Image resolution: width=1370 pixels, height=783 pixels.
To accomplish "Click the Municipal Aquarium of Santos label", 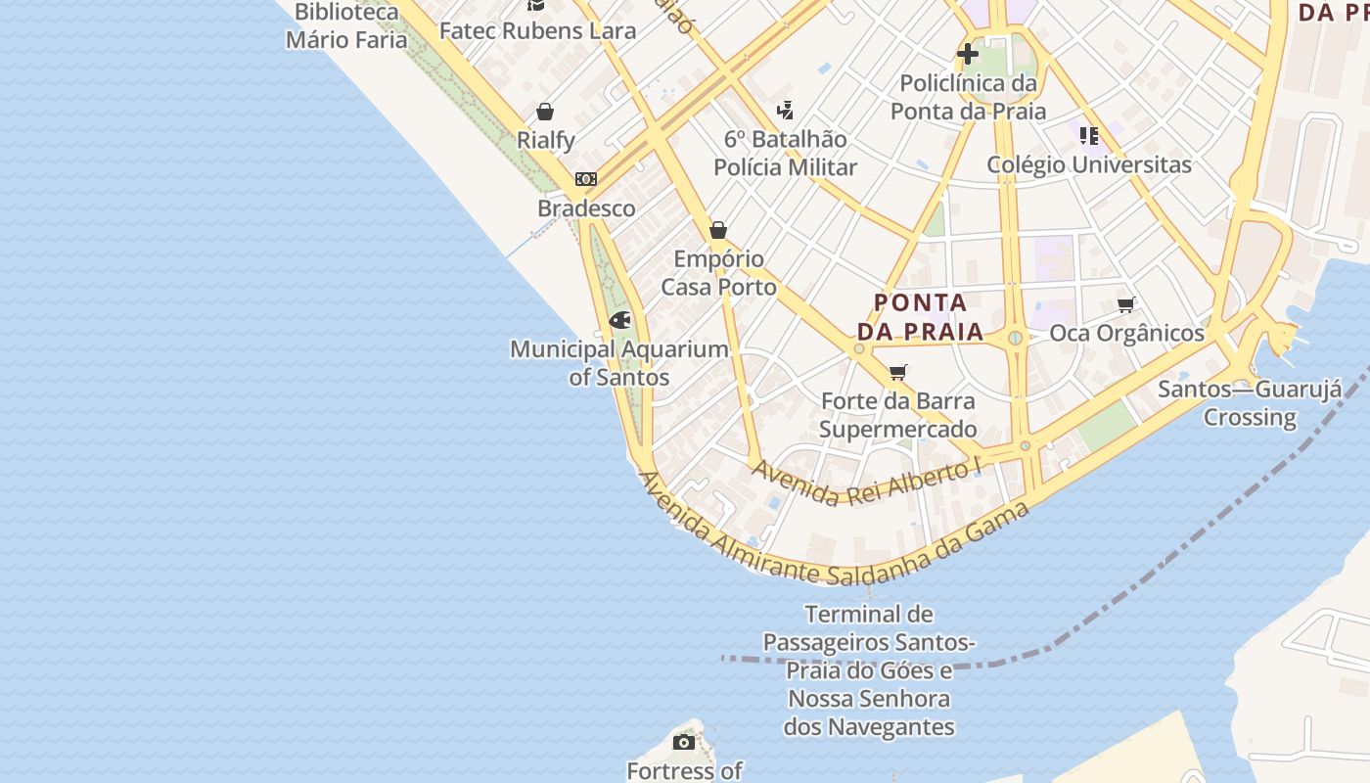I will [x=619, y=363].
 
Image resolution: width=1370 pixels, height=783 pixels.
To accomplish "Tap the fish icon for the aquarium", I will [x=619, y=320].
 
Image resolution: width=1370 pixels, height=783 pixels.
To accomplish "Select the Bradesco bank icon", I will [x=586, y=179].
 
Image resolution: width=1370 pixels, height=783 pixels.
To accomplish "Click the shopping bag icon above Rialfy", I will [x=545, y=112].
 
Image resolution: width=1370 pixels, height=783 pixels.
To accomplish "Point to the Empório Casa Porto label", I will [x=719, y=273].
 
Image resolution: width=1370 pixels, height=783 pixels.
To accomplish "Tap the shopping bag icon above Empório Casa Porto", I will [x=718, y=230].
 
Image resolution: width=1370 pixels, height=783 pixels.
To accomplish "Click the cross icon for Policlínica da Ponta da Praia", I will [x=968, y=54].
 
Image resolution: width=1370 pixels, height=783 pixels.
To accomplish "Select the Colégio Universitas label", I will [x=1089, y=164].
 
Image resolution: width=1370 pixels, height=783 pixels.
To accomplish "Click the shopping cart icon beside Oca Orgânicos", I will [x=1126, y=305].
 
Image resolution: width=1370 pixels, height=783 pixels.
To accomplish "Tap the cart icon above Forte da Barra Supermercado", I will [x=898, y=372].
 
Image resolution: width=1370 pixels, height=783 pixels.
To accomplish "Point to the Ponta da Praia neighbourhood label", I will [x=920, y=317].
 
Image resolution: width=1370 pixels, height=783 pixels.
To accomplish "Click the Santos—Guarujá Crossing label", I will [x=1250, y=403].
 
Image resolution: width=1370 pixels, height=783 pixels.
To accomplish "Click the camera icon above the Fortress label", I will [x=684, y=742].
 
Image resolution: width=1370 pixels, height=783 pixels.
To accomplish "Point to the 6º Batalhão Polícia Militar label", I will [x=785, y=154].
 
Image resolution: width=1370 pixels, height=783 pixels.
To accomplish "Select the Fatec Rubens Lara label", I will [x=537, y=30].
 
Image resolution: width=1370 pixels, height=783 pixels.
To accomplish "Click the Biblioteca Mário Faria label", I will [x=346, y=26].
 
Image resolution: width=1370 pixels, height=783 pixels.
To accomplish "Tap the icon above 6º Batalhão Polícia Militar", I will [x=785, y=111].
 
